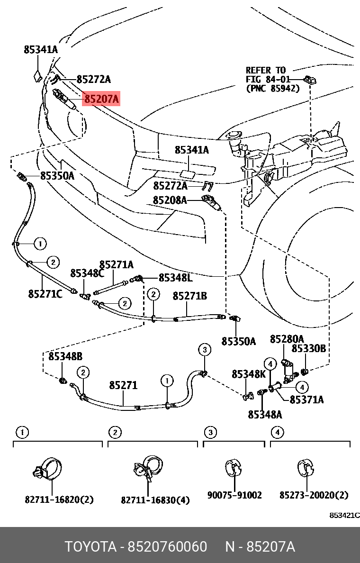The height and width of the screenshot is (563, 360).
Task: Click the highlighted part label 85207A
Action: point(101,100)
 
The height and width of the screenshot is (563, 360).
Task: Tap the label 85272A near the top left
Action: point(93,79)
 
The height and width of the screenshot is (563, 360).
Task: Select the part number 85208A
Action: point(170,200)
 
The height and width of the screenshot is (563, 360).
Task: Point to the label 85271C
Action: point(45,294)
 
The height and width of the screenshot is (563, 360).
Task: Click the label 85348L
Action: point(175,278)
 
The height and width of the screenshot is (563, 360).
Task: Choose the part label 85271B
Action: point(189,296)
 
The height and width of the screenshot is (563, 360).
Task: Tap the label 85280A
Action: point(287,339)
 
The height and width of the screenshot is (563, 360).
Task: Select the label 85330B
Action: point(308,349)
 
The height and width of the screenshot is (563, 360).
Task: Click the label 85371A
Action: point(306,400)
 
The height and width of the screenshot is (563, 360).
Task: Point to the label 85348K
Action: point(249,374)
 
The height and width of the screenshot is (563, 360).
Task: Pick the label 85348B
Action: point(65,356)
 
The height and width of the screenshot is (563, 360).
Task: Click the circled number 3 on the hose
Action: point(204,350)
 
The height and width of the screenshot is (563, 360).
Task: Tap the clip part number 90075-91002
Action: point(234,495)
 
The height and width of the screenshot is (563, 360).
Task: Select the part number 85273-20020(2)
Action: point(314,495)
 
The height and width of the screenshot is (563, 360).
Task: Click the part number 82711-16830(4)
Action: point(155,499)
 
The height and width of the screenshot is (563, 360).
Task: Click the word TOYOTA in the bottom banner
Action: point(90,547)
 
